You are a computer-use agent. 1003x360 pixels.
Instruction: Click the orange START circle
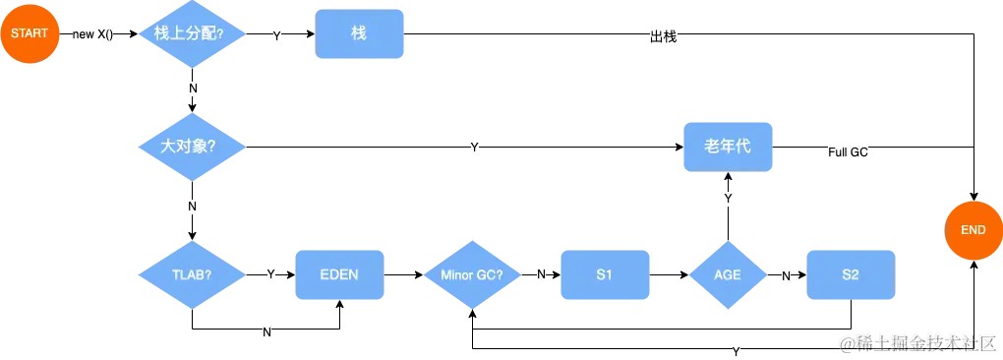click(x=29, y=34)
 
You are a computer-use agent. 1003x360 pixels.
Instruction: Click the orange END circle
click(x=973, y=230)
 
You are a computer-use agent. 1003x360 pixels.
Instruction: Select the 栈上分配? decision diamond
click(x=189, y=34)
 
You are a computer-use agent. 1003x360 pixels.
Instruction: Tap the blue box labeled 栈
click(x=360, y=34)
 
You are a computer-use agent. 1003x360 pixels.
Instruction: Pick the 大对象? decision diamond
click(x=189, y=147)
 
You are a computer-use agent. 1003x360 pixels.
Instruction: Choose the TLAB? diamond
click(x=192, y=274)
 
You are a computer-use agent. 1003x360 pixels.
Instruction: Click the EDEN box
click(x=339, y=274)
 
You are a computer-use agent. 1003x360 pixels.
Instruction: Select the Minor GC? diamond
click(x=472, y=274)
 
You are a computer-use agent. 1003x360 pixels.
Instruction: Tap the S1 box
click(x=605, y=274)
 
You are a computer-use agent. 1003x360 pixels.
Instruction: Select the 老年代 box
click(x=728, y=147)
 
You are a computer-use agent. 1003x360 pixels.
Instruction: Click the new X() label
click(x=93, y=35)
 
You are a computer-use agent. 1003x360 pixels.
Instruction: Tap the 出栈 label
click(x=664, y=36)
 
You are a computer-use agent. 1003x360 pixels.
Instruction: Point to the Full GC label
click(x=848, y=153)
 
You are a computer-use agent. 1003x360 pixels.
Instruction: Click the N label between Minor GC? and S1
click(x=542, y=274)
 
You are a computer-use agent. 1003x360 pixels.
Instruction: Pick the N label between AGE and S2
click(x=787, y=276)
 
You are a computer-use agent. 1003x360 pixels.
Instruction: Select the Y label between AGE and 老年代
click(x=729, y=200)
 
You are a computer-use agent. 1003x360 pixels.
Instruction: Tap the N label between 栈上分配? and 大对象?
click(x=193, y=89)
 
